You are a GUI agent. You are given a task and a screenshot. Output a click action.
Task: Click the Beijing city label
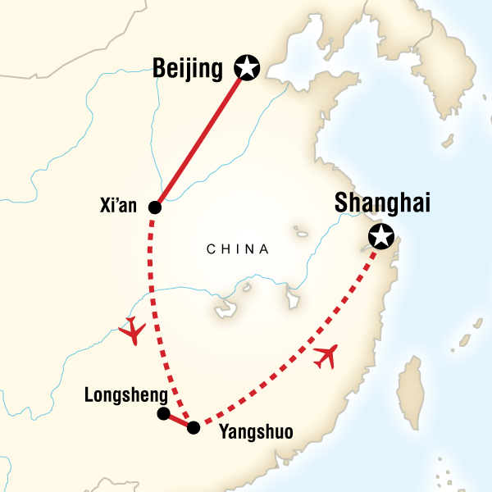189,70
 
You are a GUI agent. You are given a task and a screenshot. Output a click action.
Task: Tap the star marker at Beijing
245,67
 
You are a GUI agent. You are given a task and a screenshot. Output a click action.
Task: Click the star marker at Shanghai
380,237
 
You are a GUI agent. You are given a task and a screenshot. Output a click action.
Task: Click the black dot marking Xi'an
154,207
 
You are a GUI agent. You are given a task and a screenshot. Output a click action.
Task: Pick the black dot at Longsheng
163,413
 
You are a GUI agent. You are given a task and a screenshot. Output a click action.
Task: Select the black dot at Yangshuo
193,427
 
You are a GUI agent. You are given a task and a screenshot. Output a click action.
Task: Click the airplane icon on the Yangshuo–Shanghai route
326,355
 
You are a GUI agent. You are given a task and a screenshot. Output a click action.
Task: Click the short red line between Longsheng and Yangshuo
178,421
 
